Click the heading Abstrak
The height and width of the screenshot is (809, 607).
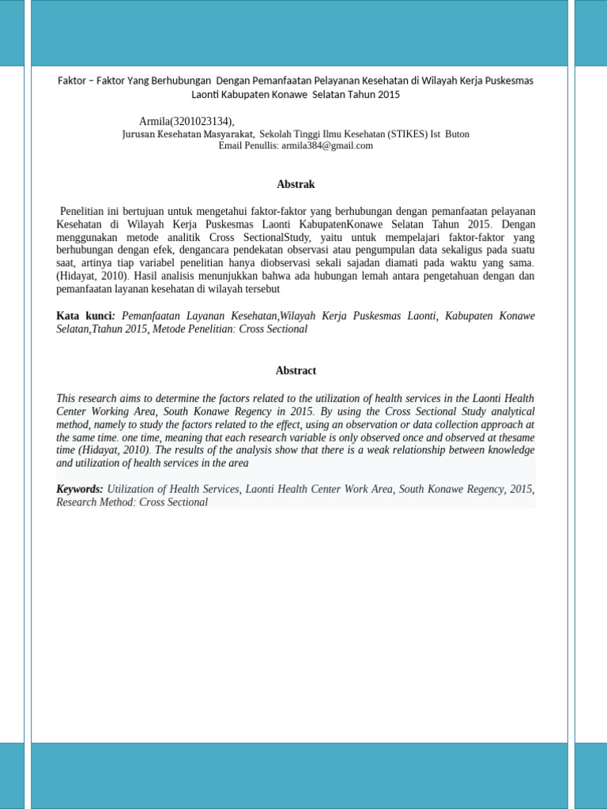click(296, 184)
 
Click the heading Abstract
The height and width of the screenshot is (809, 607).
click(296, 371)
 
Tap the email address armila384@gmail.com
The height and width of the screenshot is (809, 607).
click(327, 146)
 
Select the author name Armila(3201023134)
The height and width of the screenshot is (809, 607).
click(185, 121)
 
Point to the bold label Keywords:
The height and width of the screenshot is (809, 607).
click(79, 489)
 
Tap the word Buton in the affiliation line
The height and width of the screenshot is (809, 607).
click(457, 134)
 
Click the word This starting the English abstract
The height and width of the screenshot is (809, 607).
click(67, 399)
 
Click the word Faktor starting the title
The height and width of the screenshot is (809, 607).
click(74, 81)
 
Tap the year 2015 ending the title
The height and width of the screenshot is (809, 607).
click(388, 95)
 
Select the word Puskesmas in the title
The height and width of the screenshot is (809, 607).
click(509, 81)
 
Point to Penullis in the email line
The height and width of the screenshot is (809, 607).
click(261, 146)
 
